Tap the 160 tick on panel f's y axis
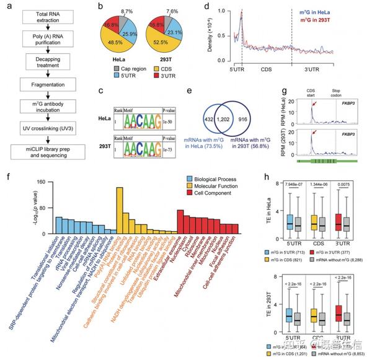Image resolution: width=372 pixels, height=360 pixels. pos(42,183)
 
